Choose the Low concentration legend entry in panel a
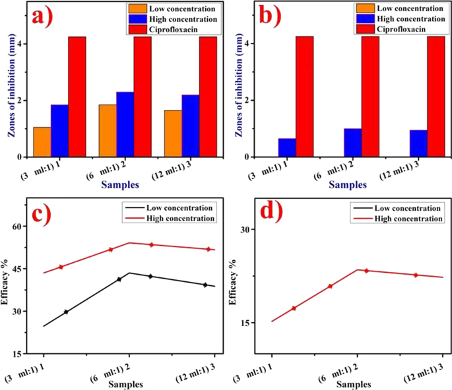162,9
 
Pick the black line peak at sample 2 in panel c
129,273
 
